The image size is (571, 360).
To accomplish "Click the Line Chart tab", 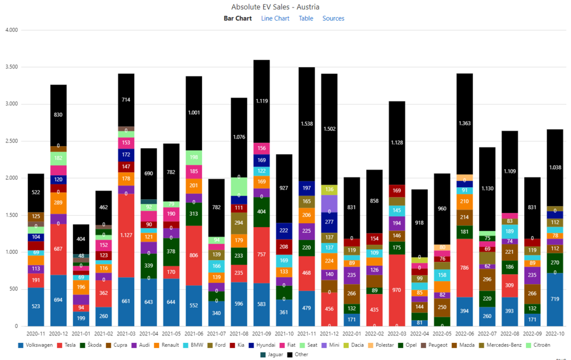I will [275, 18].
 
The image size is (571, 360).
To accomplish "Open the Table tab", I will [306, 18].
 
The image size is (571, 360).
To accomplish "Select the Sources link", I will [333, 18].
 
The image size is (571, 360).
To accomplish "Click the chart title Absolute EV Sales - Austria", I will [275, 7].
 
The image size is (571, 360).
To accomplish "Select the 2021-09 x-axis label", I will [262, 333].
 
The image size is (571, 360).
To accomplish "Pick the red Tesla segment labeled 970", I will [397, 290].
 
